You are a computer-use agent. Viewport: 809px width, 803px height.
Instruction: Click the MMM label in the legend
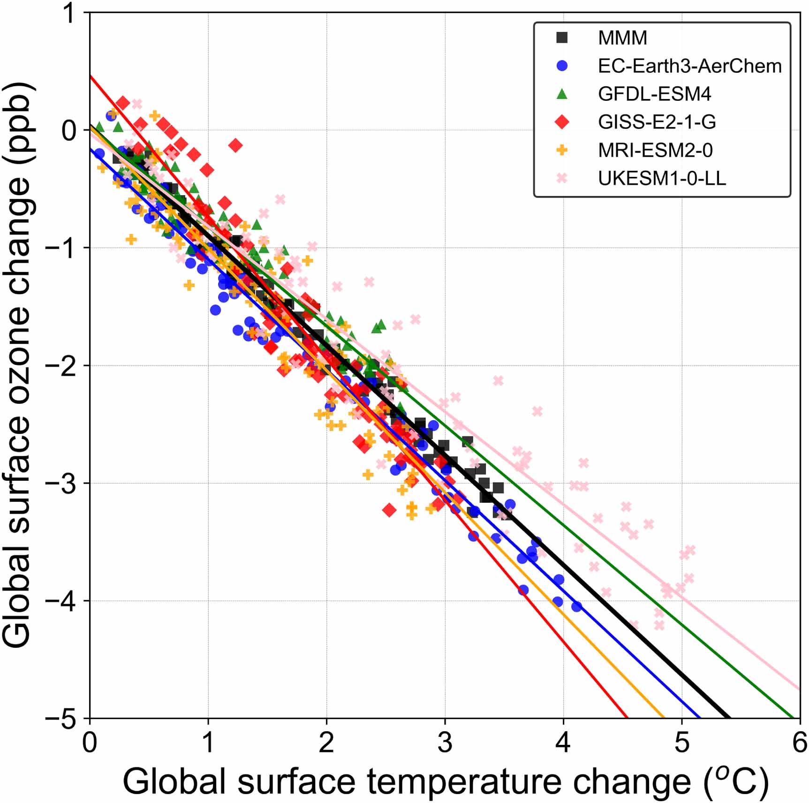click(x=622, y=38)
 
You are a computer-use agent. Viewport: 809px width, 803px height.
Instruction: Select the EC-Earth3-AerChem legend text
click(x=689, y=66)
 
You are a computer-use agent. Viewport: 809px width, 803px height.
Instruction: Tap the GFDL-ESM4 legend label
click(x=654, y=94)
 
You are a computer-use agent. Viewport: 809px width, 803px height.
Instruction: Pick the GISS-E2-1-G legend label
click(x=657, y=122)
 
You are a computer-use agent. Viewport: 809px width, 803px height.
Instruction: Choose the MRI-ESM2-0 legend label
click(x=655, y=150)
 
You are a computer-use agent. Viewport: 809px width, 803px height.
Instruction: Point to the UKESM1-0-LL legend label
click(x=662, y=178)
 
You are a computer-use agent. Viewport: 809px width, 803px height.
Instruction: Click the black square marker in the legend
click(x=562, y=38)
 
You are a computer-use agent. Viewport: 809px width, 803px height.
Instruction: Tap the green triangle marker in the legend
click(x=562, y=94)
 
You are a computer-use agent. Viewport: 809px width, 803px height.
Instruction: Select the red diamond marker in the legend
click(x=562, y=122)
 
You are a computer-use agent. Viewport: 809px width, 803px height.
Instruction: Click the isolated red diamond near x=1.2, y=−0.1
click(x=236, y=145)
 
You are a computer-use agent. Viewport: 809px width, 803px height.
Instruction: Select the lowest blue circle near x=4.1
click(x=576, y=606)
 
